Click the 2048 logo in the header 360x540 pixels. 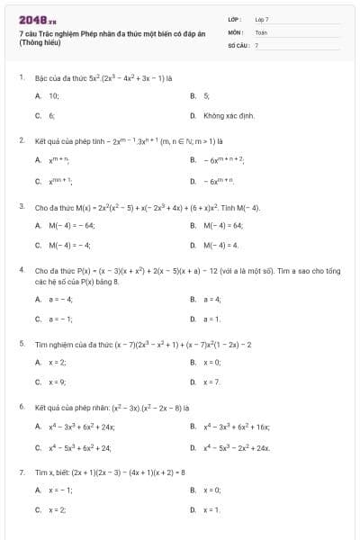point(37,18)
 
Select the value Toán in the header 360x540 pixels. point(261,31)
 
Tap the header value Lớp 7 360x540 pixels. point(262,18)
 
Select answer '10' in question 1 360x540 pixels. point(54,94)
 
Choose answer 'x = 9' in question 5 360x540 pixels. point(58,382)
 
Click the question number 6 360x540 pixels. point(21,406)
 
